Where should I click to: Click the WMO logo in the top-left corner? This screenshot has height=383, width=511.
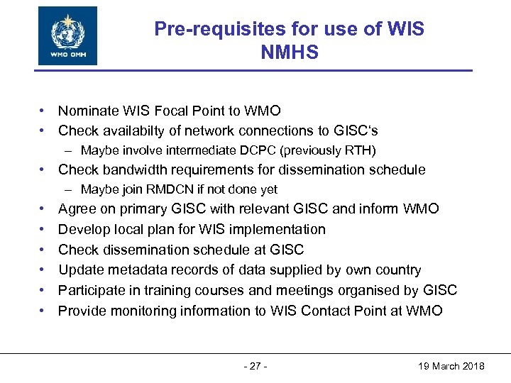point(67,35)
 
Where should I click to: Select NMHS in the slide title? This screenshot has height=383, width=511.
point(290,52)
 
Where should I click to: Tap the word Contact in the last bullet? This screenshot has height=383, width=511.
point(326,310)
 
